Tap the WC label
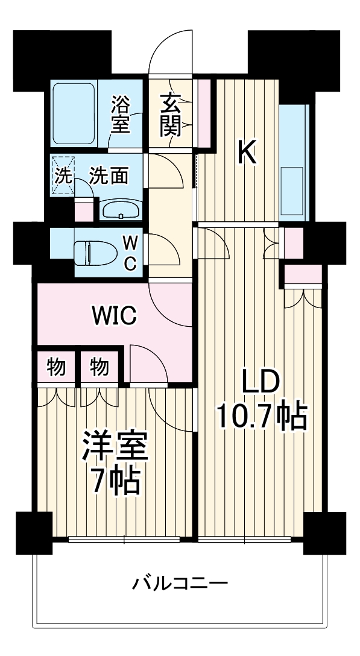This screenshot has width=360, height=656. pyautogui.click(x=130, y=252)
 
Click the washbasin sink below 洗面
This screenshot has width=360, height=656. pyautogui.click(x=121, y=210)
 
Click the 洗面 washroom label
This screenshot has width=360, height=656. pyautogui.click(x=109, y=176)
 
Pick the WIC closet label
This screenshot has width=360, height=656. pyautogui.click(x=115, y=314)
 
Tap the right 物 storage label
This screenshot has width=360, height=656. pyautogui.click(x=100, y=366)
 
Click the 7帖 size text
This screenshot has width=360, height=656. pyautogui.click(x=115, y=481)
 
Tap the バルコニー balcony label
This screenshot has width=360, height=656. pyautogui.click(x=180, y=583)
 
